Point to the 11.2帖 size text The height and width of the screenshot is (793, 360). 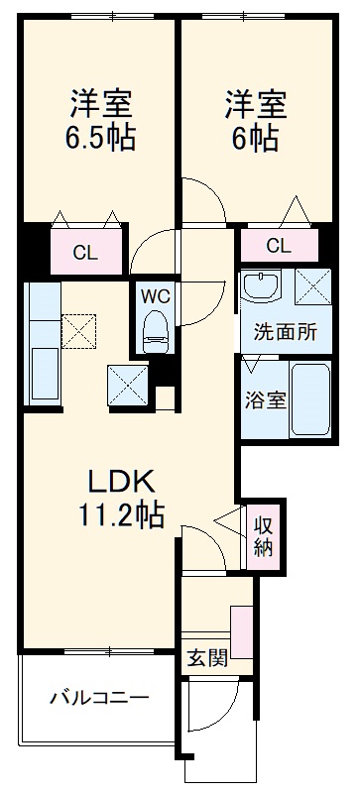122,515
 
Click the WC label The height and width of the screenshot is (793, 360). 154,295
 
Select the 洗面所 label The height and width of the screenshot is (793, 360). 285,333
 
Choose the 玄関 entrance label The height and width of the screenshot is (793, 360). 205,657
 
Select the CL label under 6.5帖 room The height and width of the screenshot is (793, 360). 85,252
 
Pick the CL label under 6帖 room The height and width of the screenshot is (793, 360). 279,246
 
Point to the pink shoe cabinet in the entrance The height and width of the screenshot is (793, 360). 242,632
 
